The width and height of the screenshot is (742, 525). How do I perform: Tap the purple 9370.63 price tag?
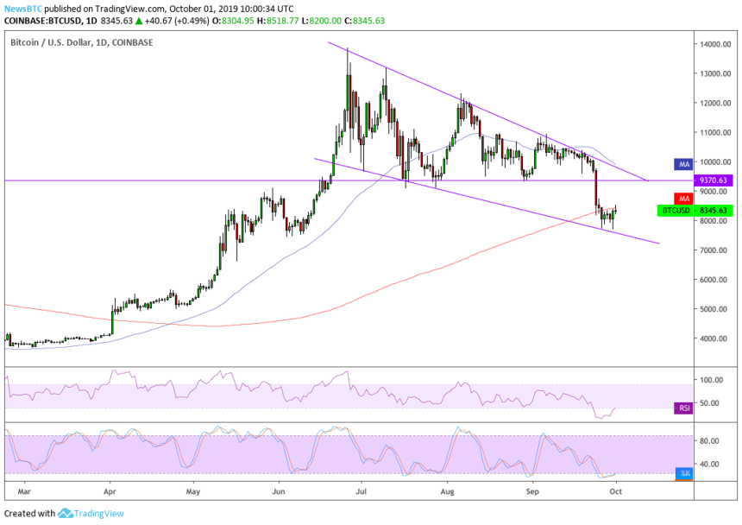pyautogui.click(x=713, y=180)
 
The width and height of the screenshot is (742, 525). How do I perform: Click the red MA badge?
pyautogui.click(x=682, y=199)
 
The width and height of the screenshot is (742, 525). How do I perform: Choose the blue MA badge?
pyautogui.click(x=682, y=163)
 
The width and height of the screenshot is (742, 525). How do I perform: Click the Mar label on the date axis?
pyautogui.click(x=25, y=490)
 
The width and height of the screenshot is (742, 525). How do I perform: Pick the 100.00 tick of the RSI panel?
pyautogui.click(x=713, y=379)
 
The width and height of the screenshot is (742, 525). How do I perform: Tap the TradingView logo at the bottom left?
pyautogui.click(x=91, y=514)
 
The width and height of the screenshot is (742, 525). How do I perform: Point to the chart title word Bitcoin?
pyautogui.click(x=27, y=41)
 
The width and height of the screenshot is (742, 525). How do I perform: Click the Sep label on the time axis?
pyautogui.click(x=532, y=490)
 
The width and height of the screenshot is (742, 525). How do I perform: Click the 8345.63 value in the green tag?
pyautogui.click(x=713, y=210)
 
